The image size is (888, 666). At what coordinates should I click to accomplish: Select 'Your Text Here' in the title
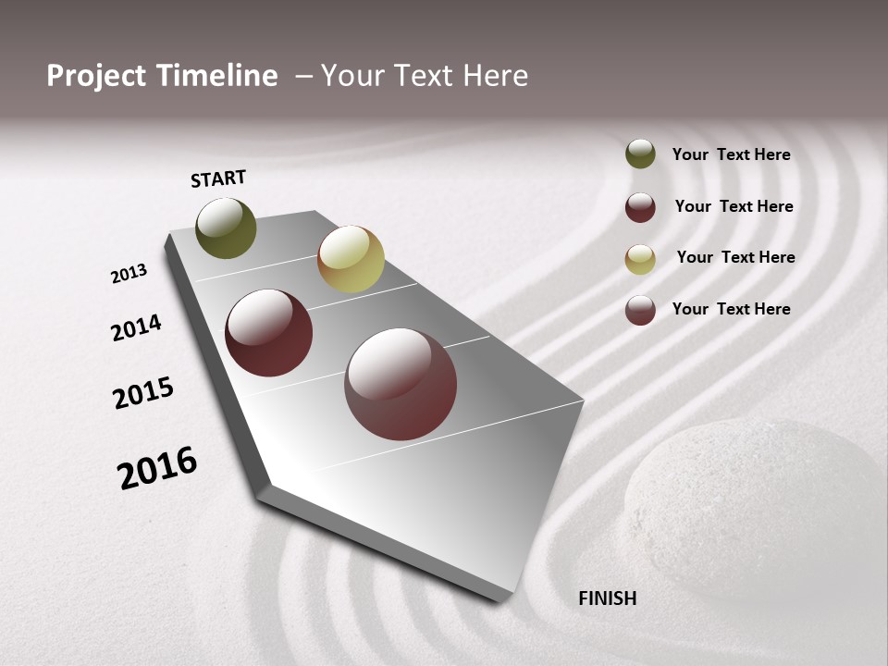[425, 76]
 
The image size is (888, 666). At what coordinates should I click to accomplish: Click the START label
[218, 179]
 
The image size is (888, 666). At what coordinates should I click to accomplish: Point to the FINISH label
[607, 598]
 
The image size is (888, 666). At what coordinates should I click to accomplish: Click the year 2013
[129, 274]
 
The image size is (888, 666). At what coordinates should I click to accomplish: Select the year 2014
[136, 327]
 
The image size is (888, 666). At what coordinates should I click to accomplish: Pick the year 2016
[157, 468]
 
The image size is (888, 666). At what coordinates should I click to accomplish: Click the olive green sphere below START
[227, 228]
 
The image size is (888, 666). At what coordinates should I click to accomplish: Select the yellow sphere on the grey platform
[351, 259]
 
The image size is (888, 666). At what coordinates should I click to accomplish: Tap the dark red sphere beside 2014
[269, 333]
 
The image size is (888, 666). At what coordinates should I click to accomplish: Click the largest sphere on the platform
[401, 384]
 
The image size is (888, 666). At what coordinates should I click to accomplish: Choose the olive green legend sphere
[640, 154]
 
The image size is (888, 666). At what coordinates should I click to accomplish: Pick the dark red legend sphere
[640, 207]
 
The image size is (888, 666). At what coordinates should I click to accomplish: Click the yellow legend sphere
[640, 259]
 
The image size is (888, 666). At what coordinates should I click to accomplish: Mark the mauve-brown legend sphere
[640, 310]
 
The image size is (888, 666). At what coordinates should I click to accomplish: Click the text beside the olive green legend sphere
[731, 154]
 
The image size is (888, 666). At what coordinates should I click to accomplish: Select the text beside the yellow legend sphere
[735, 257]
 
